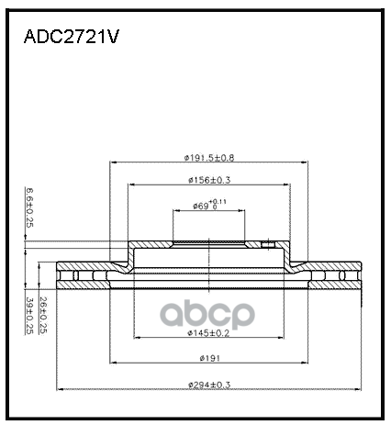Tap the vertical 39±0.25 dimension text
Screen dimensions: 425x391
click(x=28, y=317)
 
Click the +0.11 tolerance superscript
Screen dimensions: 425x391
click(x=218, y=200)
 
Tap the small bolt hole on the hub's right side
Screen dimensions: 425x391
click(x=268, y=244)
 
